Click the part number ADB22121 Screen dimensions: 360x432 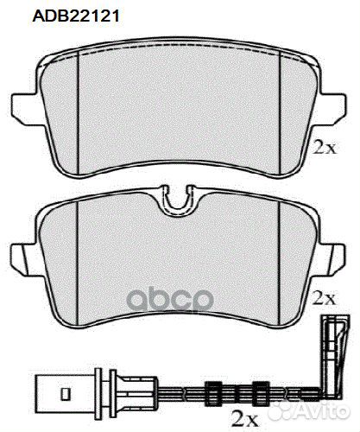click(76, 16)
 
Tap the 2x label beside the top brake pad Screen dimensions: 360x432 click(325, 147)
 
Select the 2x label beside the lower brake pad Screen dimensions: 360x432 click(325, 298)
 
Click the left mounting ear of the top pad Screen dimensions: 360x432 click(24, 109)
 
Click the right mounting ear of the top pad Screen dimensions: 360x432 click(334, 109)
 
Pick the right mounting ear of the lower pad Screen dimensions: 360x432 click(333, 259)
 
